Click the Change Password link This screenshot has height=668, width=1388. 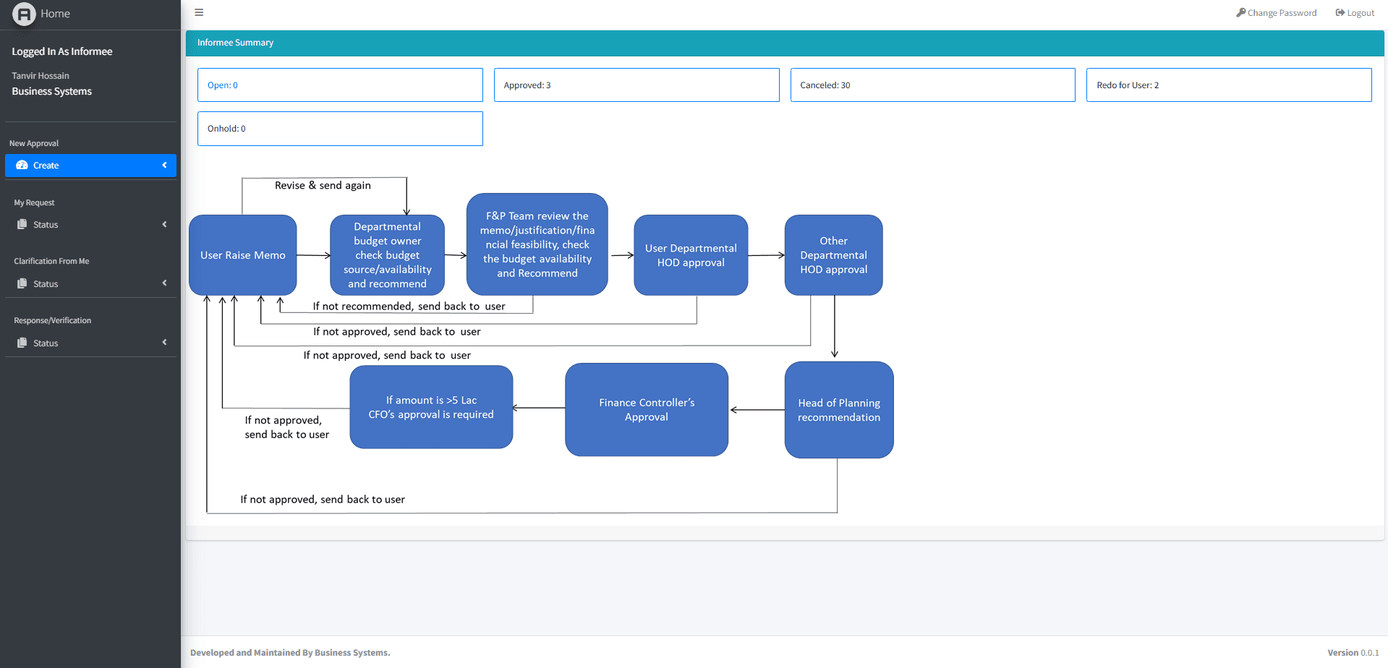point(1277,13)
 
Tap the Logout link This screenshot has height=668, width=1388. point(1355,13)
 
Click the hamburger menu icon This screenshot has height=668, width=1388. point(199,12)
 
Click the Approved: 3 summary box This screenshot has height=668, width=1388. point(636,85)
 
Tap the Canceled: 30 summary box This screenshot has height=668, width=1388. point(932,85)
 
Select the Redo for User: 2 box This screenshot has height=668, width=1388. point(1228,85)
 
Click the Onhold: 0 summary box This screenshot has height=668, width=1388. point(340,129)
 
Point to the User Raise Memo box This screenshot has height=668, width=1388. point(243,255)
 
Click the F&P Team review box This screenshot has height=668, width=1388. point(537,244)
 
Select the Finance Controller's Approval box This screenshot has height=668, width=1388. point(647,410)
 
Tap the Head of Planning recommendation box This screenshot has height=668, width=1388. point(839,410)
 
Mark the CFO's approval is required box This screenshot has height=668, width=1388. point(431,407)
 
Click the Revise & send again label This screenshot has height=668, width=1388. point(323,186)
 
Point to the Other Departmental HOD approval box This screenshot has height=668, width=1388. point(833,255)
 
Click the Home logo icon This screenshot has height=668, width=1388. point(24,14)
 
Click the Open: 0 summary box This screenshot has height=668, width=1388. point(340,85)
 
